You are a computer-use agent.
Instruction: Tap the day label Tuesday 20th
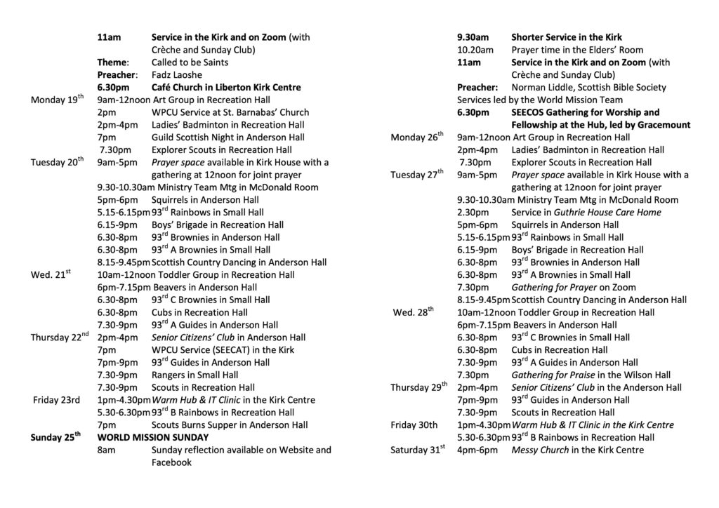pyautogui.click(x=58, y=163)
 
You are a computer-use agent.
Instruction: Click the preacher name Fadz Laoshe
pyautogui.click(x=176, y=75)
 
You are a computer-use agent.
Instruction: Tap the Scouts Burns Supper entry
pyautogui.click(x=230, y=425)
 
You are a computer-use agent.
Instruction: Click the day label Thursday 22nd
pyautogui.click(x=60, y=337)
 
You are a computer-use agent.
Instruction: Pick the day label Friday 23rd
pyautogui.click(x=57, y=400)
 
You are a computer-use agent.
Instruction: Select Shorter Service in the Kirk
pyautogui.click(x=567, y=37)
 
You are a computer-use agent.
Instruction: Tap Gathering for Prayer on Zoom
pyautogui.click(x=574, y=287)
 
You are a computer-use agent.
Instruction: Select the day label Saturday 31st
pyautogui.click(x=418, y=450)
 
